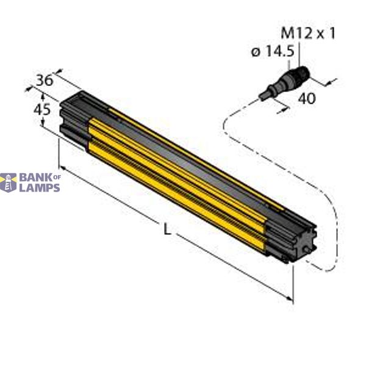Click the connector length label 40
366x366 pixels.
[307, 98]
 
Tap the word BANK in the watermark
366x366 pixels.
[35, 178]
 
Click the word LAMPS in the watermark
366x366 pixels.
[39, 187]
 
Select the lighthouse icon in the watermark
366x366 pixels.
[8, 182]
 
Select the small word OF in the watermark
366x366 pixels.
[58, 177]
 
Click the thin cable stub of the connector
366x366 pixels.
[266, 95]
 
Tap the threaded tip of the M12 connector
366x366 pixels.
[303, 74]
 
